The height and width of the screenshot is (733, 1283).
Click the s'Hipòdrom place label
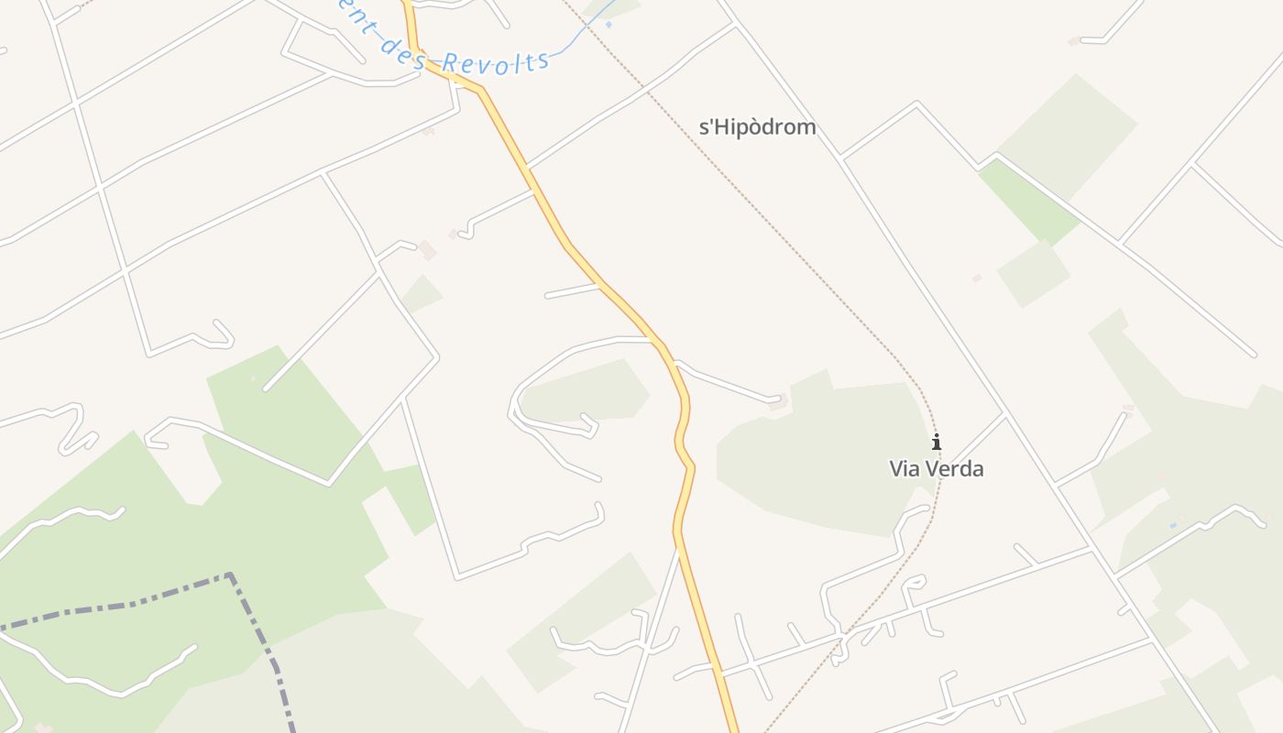pyautogui.click(x=757, y=127)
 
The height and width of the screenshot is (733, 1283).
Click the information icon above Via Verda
pyautogui.click(x=936, y=443)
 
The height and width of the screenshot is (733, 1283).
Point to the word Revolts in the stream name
pyautogui.click(x=496, y=62)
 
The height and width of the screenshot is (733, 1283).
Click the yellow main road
pyautogui.click(x=605, y=284)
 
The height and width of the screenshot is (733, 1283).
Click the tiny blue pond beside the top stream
pyautogui.click(x=608, y=25)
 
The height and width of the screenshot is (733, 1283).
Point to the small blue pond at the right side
pyautogui.click(x=1174, y=525)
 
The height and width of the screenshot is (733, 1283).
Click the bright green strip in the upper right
pyautogui.click(x=1026, y=202)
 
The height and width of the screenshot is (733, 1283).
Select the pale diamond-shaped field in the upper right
pyautogui.click(x=1068, y=137)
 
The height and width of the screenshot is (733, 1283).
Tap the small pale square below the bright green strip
pyautogui.click(x=1033, y=273)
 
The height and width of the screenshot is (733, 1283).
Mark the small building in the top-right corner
pyautogui.click(x=1073, y=41)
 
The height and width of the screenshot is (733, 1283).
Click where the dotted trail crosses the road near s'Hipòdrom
pyautogui.click(x=648, y=92)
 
